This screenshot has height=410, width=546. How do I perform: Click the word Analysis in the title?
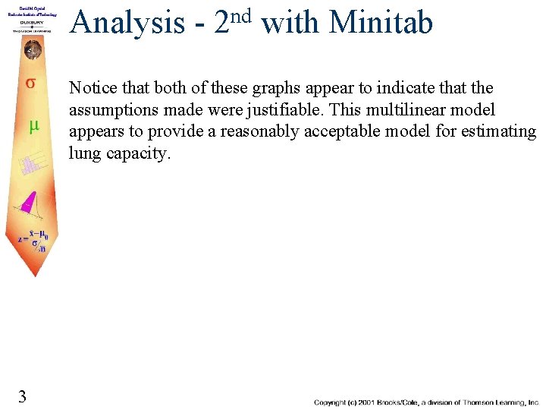pyautogui.click(x=128, y=23)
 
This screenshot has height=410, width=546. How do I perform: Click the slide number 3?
pyautogui.click(x=23, y=396)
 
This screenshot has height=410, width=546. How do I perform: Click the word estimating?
pyautogui.click(x=503, y=131)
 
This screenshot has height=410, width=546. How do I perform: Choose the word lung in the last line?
pyautogui.click(x=83, y=153)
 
